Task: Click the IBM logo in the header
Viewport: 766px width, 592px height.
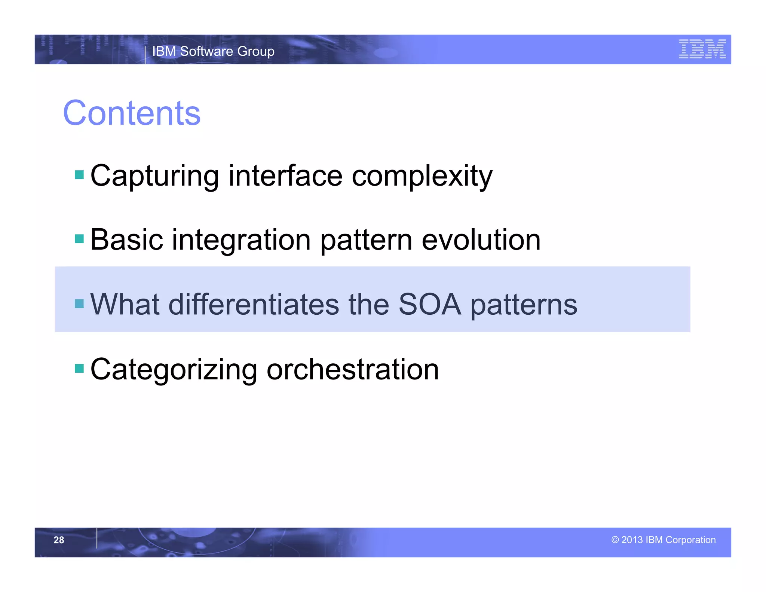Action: click(702, 49)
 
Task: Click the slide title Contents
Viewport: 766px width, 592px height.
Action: click(132, 113)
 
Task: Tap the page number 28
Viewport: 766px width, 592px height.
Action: click(59, 540)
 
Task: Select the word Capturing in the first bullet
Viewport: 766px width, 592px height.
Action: click(154, 176)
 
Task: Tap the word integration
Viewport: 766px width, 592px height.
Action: click(241, 240)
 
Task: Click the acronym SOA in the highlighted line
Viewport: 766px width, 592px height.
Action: click(429, 304)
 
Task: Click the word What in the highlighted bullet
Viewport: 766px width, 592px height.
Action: click(125, 304)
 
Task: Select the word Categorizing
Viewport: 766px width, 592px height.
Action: click(174, 370)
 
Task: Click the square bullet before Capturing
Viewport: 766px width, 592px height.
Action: click(79, 175)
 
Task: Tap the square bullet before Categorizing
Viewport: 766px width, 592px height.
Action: click(79, 369)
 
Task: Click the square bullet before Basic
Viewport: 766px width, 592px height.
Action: click(79, 239)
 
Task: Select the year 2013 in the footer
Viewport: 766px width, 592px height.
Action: click(632, 540)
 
